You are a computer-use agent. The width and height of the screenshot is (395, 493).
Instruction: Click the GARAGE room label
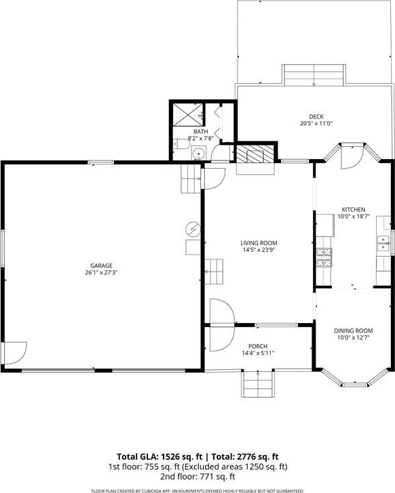click(x=101, y=265)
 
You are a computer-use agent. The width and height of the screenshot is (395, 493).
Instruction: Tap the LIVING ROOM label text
click(x=259, y=243)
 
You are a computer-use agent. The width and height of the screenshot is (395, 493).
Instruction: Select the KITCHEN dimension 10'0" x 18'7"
click(x=354, y=216)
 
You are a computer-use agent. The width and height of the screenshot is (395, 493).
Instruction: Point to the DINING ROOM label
click(x=353, y=330)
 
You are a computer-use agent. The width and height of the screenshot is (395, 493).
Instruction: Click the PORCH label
click(x=258, y=347)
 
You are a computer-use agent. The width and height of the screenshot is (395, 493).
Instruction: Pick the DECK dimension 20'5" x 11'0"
click(x=316, y=123)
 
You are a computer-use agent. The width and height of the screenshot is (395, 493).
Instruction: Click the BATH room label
click(x=201, y=131)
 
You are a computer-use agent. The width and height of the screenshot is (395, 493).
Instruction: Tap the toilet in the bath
click(x=181, y=144)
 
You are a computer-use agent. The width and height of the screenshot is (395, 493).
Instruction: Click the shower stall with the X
click(x=188, y=114)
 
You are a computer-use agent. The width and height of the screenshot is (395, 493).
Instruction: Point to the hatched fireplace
click(x=255, y=154)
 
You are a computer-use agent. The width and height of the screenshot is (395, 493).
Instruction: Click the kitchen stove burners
click(x=324, y=257)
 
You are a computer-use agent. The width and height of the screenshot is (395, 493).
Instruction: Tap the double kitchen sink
click(x=383, y=243)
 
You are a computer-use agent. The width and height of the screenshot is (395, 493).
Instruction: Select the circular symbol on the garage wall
click(x=193, y=229)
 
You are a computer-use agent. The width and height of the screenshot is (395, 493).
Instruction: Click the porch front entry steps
click(x=258, y=384)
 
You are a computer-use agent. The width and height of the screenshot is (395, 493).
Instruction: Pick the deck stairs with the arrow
click(x=314, y=75)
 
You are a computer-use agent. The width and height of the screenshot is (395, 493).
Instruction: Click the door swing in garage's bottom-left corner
click(x=14, y=353)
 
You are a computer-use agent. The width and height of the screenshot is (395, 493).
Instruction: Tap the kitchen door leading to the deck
click(x=352, y=157)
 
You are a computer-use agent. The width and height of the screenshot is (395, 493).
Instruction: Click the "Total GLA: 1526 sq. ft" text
click(x=159, y=456)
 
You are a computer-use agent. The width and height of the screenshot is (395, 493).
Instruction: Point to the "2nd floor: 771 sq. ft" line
click(x=197, y=477)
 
